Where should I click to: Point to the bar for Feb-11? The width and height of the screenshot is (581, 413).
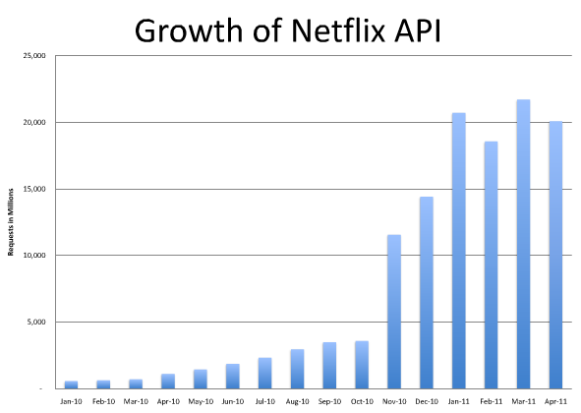tap(491, 265)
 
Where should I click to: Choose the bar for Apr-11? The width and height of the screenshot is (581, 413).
tap(555, 255)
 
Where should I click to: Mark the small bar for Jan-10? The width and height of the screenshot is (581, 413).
tap(71, 384)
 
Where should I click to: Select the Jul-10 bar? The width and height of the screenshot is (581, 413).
tap(264, 373)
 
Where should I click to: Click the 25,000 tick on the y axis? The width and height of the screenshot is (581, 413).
tap(32, 56)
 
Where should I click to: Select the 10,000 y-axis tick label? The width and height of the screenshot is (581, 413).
tap(32, 256)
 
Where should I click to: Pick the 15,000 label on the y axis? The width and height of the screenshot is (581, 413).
tap(32, 189)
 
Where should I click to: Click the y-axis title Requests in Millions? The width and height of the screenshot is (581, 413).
tap(11, 222)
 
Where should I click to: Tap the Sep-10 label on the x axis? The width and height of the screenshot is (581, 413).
tap(329, 400)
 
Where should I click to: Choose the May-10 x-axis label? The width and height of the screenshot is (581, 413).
tap(200, 400)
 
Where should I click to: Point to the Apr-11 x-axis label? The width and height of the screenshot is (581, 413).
tap(555, 400)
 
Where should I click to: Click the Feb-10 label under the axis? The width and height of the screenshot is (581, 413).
tap(103, 400)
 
